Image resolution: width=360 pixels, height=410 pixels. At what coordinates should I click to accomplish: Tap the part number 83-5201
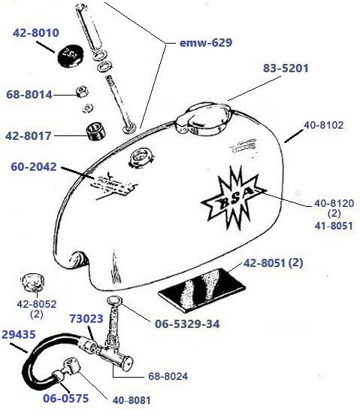click(285, 68)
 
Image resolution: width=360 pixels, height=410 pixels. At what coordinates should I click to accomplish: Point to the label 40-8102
click(323, 126)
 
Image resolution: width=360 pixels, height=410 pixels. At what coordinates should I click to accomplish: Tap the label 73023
click(85, 318)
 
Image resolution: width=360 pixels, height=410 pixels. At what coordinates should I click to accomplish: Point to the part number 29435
click(17, 333)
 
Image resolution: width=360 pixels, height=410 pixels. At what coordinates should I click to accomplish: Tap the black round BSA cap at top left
click(68, 54)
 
